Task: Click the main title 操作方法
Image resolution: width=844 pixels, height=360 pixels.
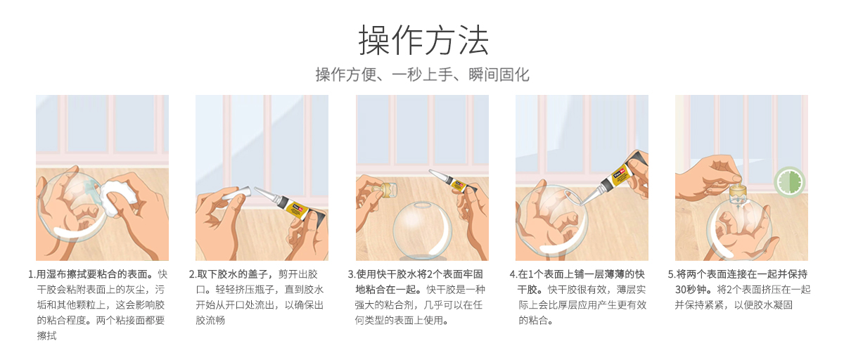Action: [x=423, y=41]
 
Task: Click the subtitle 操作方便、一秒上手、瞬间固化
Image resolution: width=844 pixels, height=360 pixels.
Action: [x=422, y=75]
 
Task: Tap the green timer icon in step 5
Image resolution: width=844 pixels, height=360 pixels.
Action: [x=790, y=181]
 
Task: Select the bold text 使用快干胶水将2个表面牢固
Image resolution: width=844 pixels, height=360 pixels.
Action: [x=419, y=274]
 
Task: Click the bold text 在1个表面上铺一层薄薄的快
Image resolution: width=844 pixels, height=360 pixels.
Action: [x=581, y=274]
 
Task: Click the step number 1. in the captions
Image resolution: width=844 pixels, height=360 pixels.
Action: [x=32, y=274]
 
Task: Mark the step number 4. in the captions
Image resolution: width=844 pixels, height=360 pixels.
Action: [x=513, y=274]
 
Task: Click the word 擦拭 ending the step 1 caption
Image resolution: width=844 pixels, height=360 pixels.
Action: [x=46, y=336]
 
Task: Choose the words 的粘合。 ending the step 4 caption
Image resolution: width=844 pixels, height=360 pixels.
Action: [x=538, y=321]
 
